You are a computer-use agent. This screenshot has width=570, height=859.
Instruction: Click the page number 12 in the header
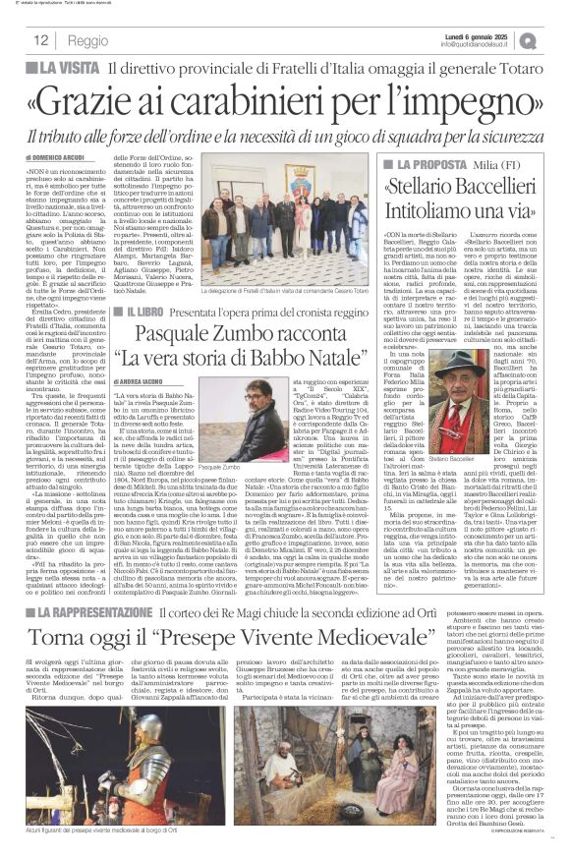pos(41,40)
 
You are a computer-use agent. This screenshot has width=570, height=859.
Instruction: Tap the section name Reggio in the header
pos(88,41)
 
